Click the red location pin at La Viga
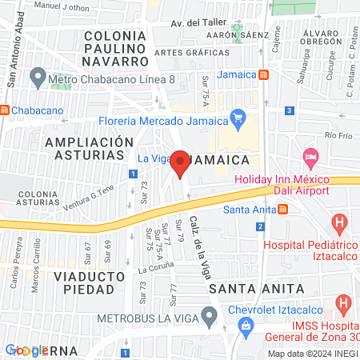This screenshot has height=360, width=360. [181, 162]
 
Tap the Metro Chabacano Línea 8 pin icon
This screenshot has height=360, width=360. [37, 78]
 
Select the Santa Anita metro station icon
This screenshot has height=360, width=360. [282, 210]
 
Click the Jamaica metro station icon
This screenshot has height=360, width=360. [274, 74]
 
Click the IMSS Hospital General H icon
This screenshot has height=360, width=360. [345, 304]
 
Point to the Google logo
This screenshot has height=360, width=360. [26, 350]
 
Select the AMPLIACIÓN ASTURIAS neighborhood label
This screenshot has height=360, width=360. [89, 149]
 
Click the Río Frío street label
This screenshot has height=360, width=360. [339, 136]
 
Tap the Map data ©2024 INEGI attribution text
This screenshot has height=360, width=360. [312, 353]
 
